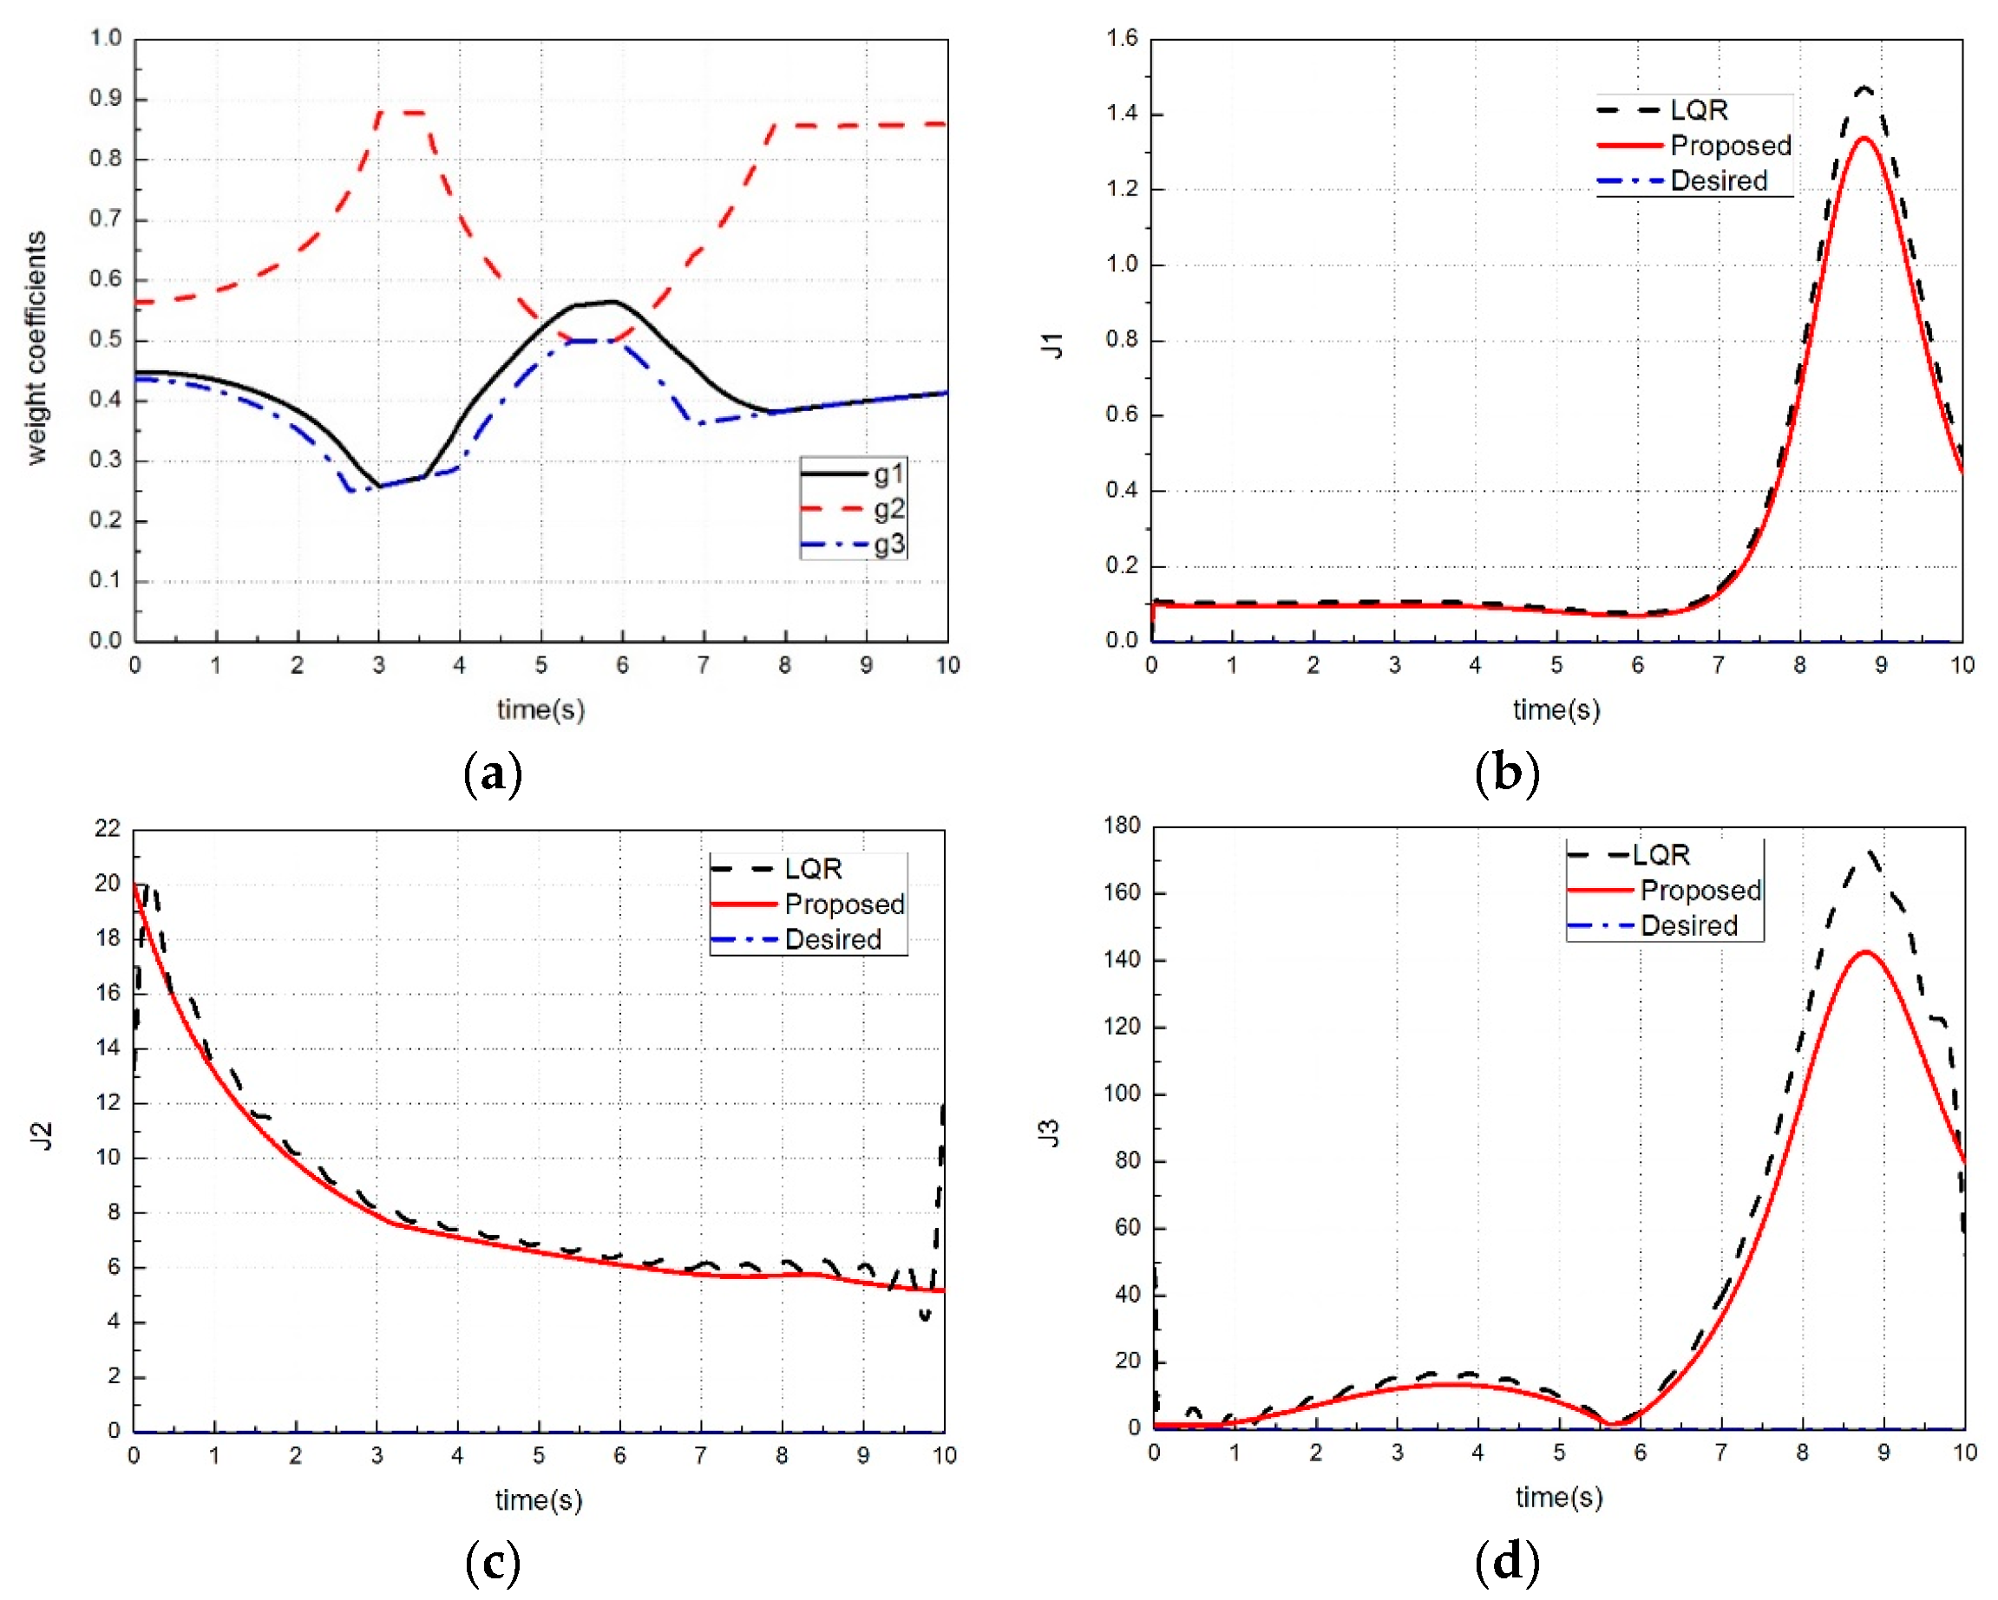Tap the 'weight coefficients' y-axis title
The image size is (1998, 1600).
click(x=36, y=348)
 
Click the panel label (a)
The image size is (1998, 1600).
click(x=492, y=773)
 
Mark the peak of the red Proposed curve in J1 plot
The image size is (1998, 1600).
click(x=1864, y=138)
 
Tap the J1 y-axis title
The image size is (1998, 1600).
click(x=1051, y=344)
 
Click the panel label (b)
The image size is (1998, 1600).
click(x=1507, y=773)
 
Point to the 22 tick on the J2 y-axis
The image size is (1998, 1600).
click(x=108, y=828)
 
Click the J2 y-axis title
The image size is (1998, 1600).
click(x=42, y=1136)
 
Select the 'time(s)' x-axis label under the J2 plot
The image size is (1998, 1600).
click(x=539, y=1500)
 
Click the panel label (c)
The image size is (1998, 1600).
click(x=492, y=1562)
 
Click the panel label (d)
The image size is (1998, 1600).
click(x=1507, y=1562)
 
